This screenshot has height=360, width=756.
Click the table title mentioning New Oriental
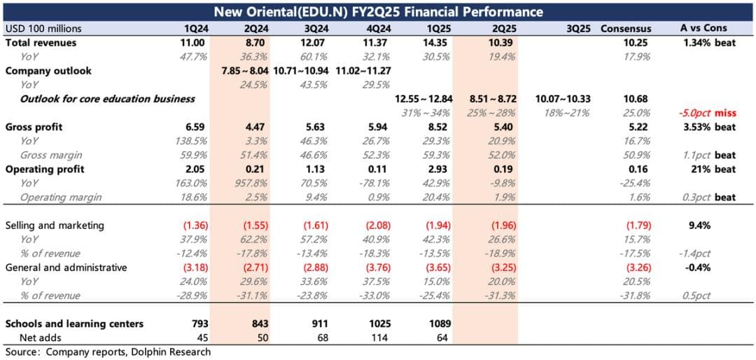click(x=378, y=11)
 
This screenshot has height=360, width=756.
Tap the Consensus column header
click(x=626, y=29)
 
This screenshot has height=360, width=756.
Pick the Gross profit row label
click(x=34, y=127)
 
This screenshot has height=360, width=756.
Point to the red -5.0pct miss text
click(x=707, y=113)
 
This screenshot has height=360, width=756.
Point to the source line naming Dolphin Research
click(x=108, y=352)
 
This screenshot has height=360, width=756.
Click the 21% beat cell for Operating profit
click(x=718, y=169)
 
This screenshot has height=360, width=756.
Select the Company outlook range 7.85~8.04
click(x=244, y=71)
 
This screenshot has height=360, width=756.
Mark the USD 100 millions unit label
click(x=43, y=29)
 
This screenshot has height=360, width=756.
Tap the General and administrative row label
click(x=66, y=268)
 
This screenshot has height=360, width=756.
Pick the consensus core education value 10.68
click(x=638, y=99)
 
